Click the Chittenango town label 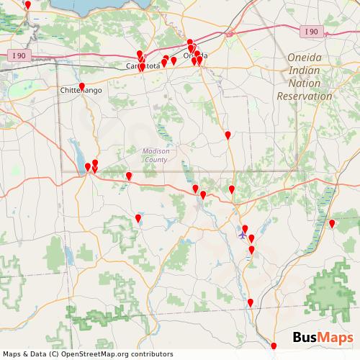pyautogui.click(x=81, y=91)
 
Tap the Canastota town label pyautogui.click(x=143, y=66)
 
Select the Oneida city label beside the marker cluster pyautogui.click(x=196, y=55)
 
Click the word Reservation pyautogui.click(x=305, y=96)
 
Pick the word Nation pyautogui.click(x=310, y=83)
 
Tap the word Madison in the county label pyautogui.click(x=156, y=151)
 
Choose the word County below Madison pyautogui.click(x=156, y=159)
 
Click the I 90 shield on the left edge pyautogui.click(x=18, y=55)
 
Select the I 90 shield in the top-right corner pyautogui.click(x=311, y=31)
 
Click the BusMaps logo pyautogui.click(x=323, y=338)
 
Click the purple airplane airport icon pyautogui.click(x=243, y=234)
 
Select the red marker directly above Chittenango pyautogui.click(x=81, y=86)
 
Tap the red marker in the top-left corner pyautogui.click(x=28, y=5)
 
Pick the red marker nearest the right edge pyautogui.click(x=332, y=224)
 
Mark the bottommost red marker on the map pyautogui.click(x=274, y=347)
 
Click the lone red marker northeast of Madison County pyautogui.click(x=228, y=135)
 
